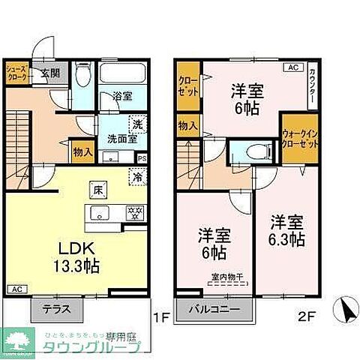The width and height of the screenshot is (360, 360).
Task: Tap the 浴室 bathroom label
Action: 122,97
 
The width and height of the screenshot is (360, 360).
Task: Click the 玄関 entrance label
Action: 49,73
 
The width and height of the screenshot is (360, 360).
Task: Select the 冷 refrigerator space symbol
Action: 138,178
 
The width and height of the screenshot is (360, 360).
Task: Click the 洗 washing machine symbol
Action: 137,124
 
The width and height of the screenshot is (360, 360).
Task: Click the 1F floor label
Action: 161,316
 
